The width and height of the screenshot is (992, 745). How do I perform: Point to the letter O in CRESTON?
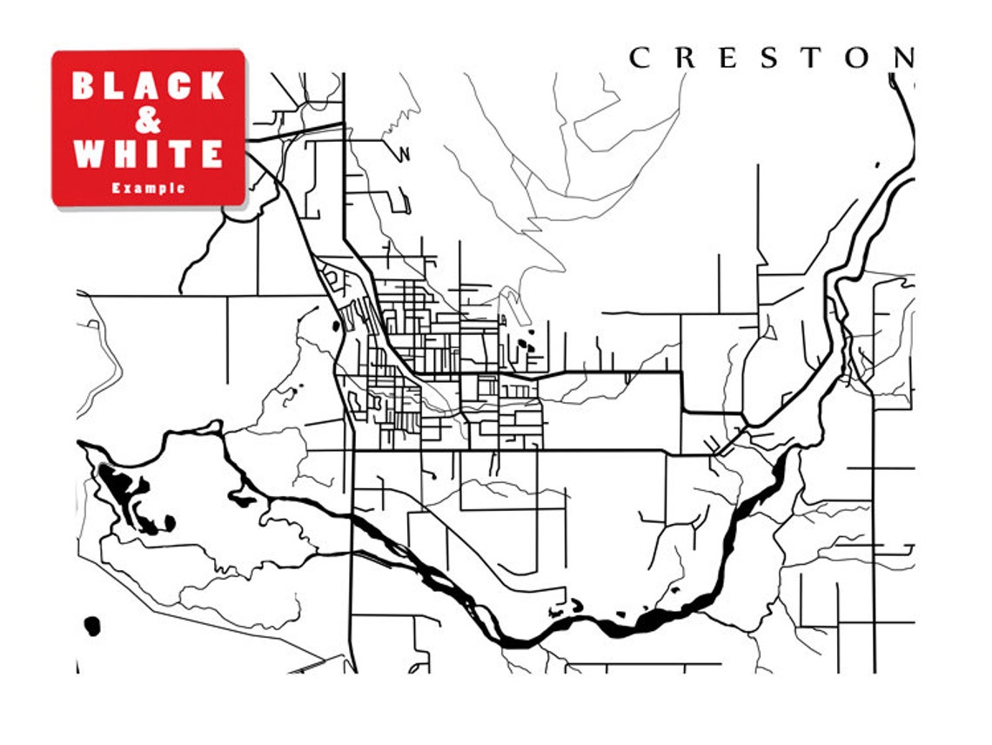tap(858, 58)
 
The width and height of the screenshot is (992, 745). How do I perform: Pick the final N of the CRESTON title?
tap(904, 58)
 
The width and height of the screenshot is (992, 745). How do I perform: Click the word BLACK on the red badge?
tap(148, 85)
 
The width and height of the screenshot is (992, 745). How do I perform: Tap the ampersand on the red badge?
tap(149, 120)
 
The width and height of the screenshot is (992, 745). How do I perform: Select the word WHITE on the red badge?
tap(148, 154)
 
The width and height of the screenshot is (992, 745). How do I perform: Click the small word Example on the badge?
tap(148, 187)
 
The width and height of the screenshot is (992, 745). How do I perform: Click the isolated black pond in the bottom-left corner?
tap(91, 626)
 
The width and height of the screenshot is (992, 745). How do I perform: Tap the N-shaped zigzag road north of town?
tap(403, 154)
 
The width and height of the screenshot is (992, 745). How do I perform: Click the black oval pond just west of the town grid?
tap(335, 327)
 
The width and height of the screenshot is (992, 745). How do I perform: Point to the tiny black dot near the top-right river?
tap(877, 164)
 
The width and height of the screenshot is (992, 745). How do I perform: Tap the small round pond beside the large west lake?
tap(170, 522)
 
